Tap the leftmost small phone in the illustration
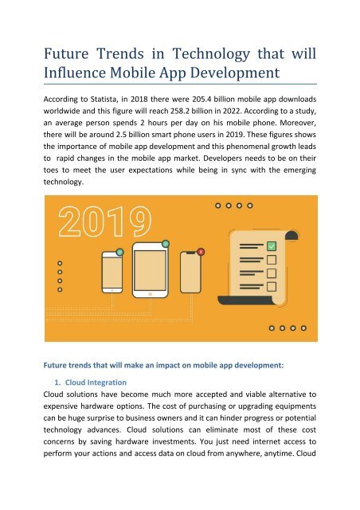pos(112,281)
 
